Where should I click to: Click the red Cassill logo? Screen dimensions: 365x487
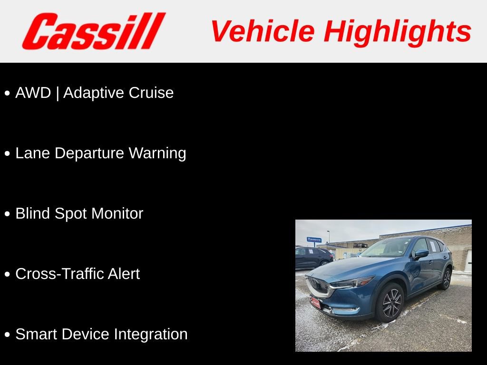(93, 31)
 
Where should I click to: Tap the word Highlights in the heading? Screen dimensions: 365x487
(398, 31)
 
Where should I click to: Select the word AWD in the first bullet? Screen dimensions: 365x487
(33, 93)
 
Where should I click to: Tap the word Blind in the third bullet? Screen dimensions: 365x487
(33, 213)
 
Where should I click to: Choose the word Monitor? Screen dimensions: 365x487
(117, 213)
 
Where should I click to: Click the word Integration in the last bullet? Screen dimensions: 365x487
(151, 334)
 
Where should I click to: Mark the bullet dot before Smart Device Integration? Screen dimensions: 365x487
(7, 335)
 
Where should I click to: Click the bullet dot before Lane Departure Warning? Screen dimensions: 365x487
(7, 154)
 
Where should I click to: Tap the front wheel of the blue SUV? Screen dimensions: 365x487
(391, 303)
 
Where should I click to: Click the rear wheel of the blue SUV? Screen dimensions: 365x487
(446, 279)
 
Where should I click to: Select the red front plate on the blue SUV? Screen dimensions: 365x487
(316, 302)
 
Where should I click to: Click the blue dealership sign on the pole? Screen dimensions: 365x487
(314, 240)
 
